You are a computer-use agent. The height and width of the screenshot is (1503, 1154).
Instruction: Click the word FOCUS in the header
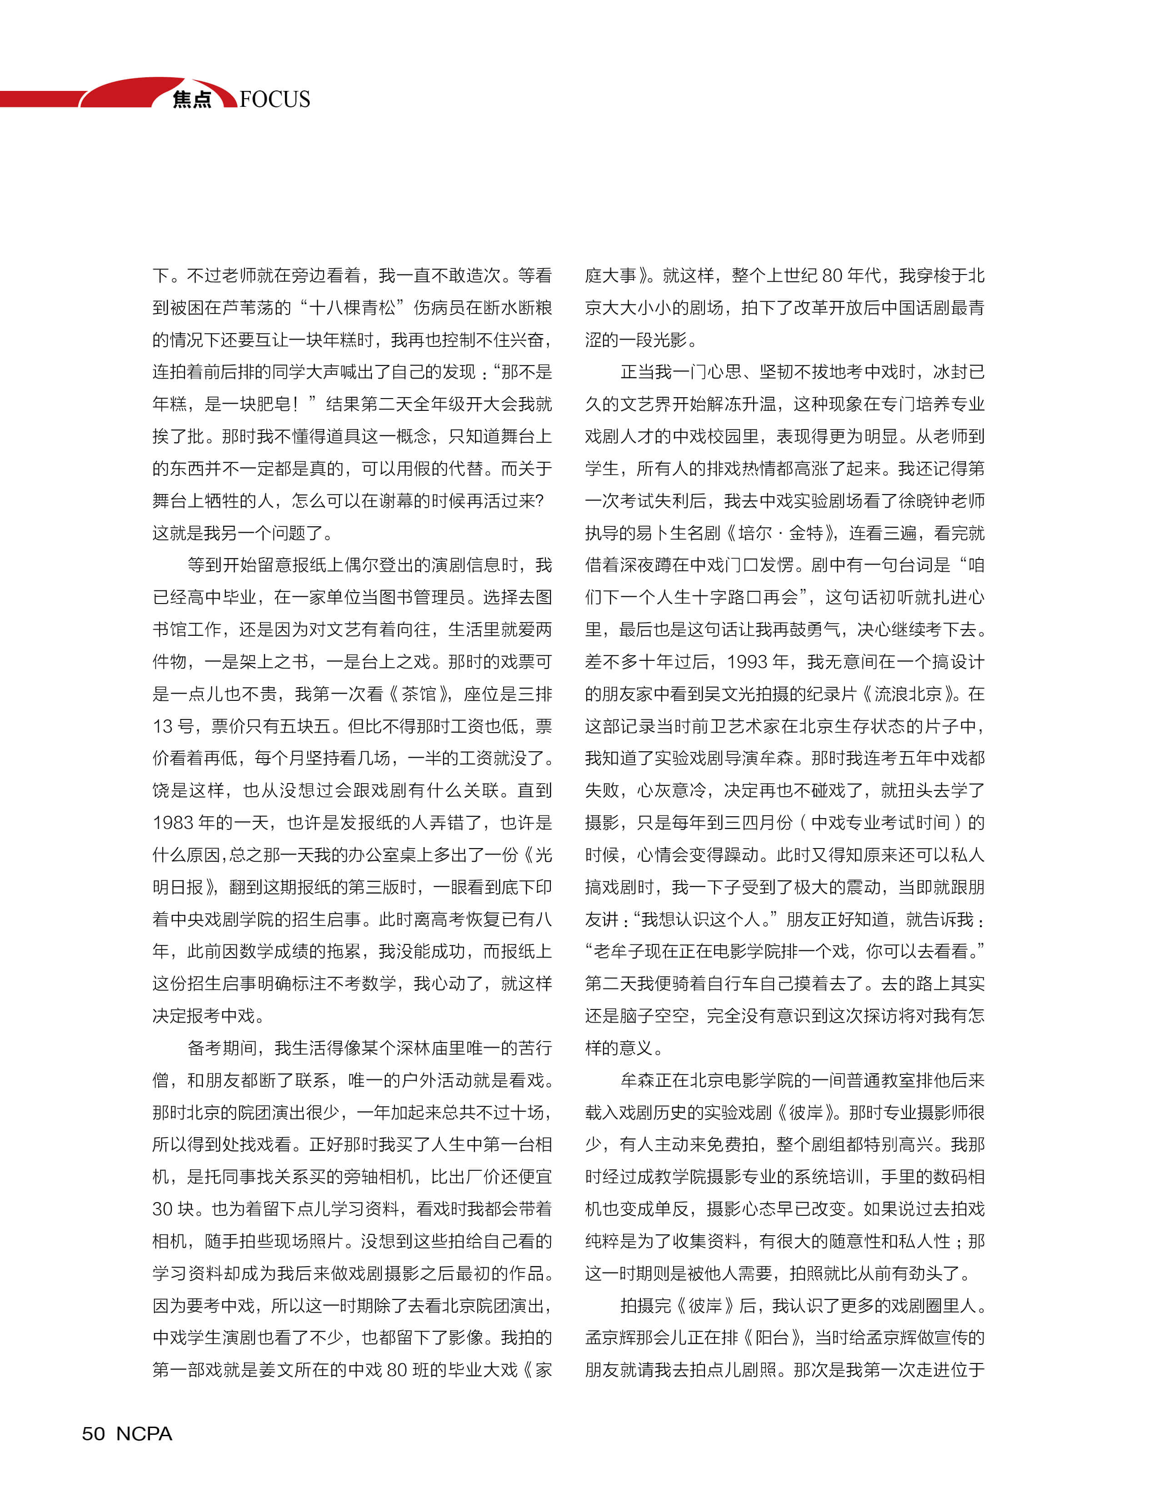tap(275, 100)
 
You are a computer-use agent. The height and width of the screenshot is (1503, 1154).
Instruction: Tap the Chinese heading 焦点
tap(192, 100)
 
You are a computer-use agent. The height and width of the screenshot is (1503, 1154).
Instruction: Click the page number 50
tap(94, 1433)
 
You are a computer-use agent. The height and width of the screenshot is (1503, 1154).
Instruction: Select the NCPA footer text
tap(144, 1433)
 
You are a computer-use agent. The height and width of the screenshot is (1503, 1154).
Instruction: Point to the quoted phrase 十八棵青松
tap(352, 308)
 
